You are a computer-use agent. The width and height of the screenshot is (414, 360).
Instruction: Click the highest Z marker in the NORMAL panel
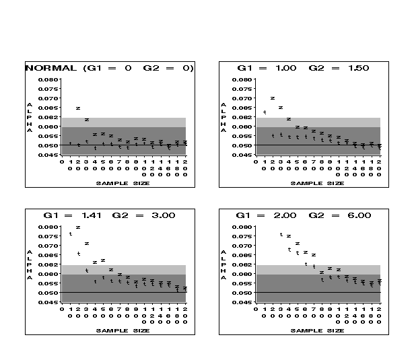78,108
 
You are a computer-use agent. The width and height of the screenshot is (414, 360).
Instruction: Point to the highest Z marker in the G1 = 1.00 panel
273,98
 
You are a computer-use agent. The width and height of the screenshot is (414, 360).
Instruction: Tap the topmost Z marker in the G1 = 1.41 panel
78,227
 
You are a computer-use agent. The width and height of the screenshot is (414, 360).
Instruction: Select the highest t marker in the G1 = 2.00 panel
281,234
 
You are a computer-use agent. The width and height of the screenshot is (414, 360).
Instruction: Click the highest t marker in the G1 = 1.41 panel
70,234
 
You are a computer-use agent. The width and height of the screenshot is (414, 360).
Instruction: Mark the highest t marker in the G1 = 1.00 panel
265,112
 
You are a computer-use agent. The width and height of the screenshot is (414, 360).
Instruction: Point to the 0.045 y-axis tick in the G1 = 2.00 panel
240,302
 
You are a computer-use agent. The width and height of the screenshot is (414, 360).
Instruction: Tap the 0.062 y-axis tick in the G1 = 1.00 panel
240,118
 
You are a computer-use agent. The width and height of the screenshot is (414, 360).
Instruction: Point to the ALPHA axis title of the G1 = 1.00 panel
223,118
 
